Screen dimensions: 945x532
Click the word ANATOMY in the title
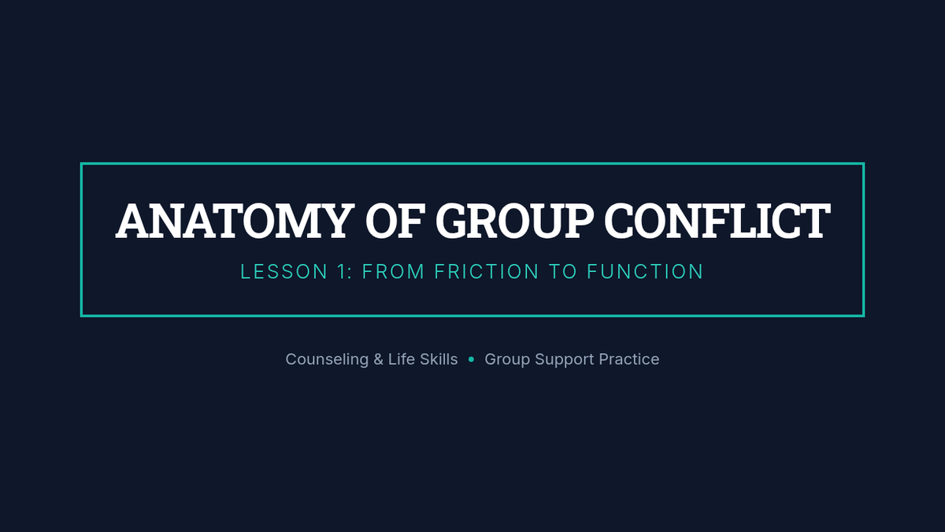click(x=235, y=221)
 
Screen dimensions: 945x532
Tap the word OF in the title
click(x=395, y=221)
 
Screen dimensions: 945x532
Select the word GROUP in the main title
click(x=514, y=221)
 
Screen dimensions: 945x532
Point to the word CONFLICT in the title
click(x=717, y=221)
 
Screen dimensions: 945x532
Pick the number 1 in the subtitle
click(x=342, y=271)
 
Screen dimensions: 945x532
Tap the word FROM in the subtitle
click(x=393, y=271)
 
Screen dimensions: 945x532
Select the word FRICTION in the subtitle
click(x=487, y=271)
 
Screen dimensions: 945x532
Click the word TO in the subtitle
click(x=563, y=271)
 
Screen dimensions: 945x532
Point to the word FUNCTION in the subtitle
click(x=645, y=271)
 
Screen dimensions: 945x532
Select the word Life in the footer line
click(x=401, y=359)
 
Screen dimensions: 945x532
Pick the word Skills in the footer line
click(x=439, y=359)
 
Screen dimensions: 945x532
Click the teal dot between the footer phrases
click(x=471, y=359)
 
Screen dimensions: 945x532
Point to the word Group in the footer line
click(x=507, y=359)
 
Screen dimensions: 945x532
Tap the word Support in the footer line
click(x=565, y=359)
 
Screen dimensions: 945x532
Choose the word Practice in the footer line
click(x=629, y=359)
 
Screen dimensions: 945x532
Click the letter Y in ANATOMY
click(x=334, y=221)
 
